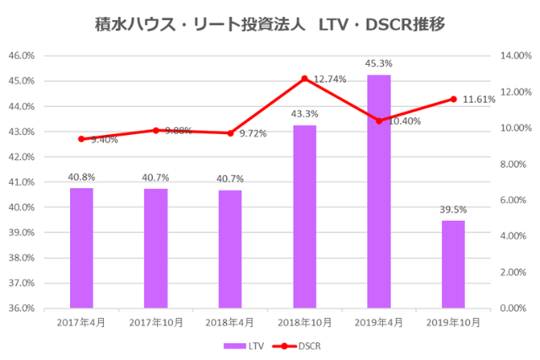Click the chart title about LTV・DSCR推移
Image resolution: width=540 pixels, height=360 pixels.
pos(269,25)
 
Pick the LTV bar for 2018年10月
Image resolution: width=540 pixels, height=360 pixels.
pos(305,217)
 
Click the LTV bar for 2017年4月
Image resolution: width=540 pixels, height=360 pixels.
pos(81,248)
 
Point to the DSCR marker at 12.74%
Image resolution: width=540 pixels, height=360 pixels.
pos(305,78)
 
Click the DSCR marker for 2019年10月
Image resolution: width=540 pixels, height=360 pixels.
pos(453,99)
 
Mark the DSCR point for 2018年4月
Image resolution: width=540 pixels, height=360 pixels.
pos(230,133)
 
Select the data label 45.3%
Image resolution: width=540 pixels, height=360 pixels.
pos(379,63)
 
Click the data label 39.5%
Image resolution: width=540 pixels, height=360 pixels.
pos(453,209)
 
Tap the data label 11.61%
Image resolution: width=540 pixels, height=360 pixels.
pos(479,99)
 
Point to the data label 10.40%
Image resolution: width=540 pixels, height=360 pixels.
pos(405,121)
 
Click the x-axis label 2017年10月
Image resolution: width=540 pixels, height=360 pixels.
pos(155,323)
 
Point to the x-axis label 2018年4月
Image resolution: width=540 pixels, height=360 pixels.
pos(230,323)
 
